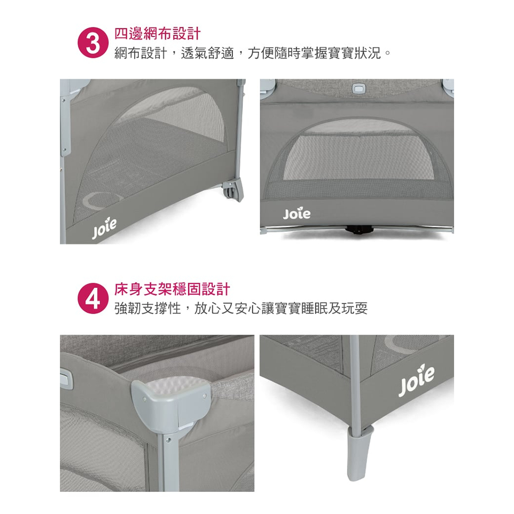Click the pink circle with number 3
[x=93, y=43]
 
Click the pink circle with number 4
[x=93, y=299]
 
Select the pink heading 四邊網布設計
[x=157, y=34]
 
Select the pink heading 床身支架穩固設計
[x=172, y=290]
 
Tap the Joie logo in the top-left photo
[x=104, y=228]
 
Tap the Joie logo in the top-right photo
[x=296, y=213]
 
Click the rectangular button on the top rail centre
[x=358, y=88]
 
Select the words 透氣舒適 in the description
[x=207, y=53]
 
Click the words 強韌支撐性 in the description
[x=148, y=309]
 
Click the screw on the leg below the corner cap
[x=168, y=440]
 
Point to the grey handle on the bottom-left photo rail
[x=66, y=378]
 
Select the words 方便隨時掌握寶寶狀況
[x=314, y=53]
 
